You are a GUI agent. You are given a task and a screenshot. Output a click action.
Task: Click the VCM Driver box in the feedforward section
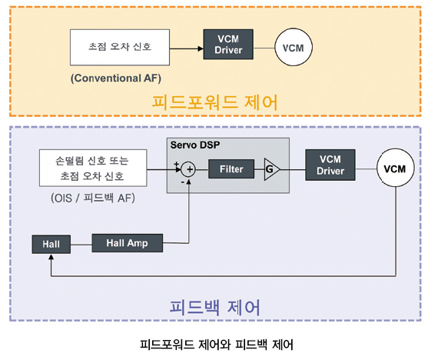coord(228,44)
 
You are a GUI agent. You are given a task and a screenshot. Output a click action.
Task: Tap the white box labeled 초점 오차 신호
coord(120,47)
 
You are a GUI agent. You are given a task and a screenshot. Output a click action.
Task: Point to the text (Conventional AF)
coord(116,78)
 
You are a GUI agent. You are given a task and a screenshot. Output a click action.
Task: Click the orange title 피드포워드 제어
coord(215,102)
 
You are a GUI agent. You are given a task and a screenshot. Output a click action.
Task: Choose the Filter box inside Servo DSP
coord(231,169)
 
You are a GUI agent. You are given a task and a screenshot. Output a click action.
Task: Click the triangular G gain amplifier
coord(271,169)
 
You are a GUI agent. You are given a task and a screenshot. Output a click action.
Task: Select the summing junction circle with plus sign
coord(188,169)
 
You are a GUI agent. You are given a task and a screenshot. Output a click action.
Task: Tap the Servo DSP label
coord(195,145)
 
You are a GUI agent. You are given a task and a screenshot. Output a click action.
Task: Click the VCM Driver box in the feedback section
coord(330,165)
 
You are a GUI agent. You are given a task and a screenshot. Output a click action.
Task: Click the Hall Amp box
coord(127,243)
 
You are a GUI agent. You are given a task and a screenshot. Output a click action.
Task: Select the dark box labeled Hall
coord(51,244)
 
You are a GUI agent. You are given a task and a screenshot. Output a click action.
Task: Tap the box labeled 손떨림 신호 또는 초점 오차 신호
coord(93,168)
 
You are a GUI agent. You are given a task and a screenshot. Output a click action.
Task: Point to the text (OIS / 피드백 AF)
coord(93,198)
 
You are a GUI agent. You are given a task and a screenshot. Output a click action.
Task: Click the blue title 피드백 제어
coord(215,307)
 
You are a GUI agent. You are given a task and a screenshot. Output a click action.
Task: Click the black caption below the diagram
coord(217,345)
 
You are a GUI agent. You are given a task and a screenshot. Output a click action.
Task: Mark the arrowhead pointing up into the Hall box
coord(51,257)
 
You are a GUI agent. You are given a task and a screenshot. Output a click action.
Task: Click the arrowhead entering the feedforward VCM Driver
coord(201,48)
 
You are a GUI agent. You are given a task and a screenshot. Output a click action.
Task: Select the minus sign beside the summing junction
coord(182,182)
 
